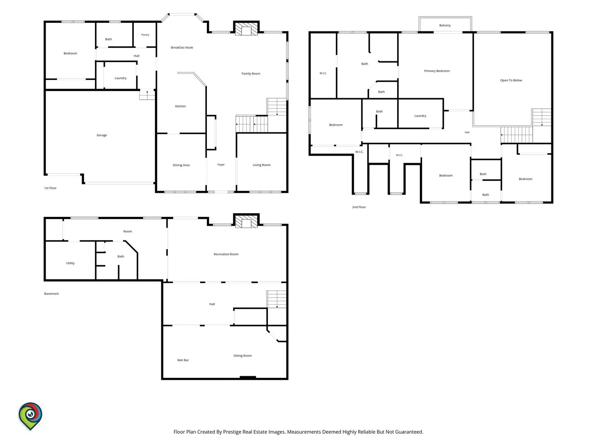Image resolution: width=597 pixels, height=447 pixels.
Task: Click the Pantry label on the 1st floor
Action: [145, 35]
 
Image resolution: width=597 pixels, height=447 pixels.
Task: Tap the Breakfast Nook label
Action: [182, 48]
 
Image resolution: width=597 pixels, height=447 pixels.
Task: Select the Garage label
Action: [102, 135]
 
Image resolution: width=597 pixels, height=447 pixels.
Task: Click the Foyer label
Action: [221, 165]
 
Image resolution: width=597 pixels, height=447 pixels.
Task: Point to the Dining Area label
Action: [181, 165]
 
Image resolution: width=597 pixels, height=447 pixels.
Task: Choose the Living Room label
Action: [262, 165]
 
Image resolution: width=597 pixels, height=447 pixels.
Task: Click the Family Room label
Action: [251, 74]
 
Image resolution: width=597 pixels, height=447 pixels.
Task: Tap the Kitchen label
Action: [180, 106]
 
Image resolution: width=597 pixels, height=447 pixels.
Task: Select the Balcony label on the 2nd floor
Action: [445, 25]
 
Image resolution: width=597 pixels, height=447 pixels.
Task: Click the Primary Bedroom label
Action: [437, 71]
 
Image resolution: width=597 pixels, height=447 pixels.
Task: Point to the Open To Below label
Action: [511, 80]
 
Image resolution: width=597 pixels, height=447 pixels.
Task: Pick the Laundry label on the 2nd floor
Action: [420, 116]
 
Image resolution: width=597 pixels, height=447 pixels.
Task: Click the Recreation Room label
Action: [226, 254]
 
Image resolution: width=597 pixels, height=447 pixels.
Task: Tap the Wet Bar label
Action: [183, 360]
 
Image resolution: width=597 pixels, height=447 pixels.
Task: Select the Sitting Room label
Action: [243, 356]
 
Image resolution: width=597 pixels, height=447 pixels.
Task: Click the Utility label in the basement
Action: [70, 263]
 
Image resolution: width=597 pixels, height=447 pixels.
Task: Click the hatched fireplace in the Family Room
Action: [246, 29]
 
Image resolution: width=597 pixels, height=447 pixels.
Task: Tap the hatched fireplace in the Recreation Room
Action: [246, 221]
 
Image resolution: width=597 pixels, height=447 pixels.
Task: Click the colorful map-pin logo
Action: [30, 416]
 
